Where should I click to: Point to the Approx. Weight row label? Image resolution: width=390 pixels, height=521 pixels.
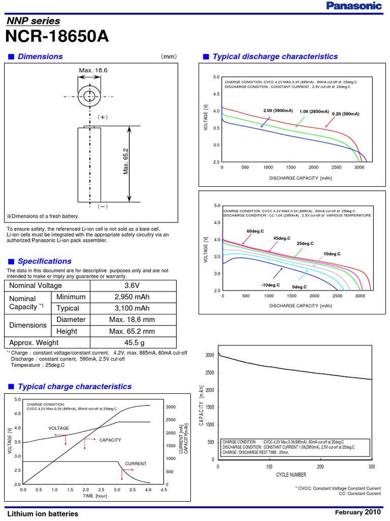[34, 342]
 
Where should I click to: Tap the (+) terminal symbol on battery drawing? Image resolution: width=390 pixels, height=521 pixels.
[103, 117]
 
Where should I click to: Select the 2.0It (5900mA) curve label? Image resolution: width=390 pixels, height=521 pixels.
[278, 110]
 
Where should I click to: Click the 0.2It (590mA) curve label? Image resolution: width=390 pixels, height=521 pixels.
[345, 114]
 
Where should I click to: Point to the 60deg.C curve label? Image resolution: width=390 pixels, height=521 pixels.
[255, 231]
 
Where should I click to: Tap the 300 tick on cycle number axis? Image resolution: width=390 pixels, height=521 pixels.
[372, 467]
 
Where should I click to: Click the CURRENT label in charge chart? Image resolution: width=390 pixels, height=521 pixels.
[136, 464]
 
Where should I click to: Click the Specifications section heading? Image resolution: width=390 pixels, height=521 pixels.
[45, 261]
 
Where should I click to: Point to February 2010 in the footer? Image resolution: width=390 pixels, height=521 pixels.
[358, 512]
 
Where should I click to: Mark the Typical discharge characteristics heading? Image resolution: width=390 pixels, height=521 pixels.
[275, 56]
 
